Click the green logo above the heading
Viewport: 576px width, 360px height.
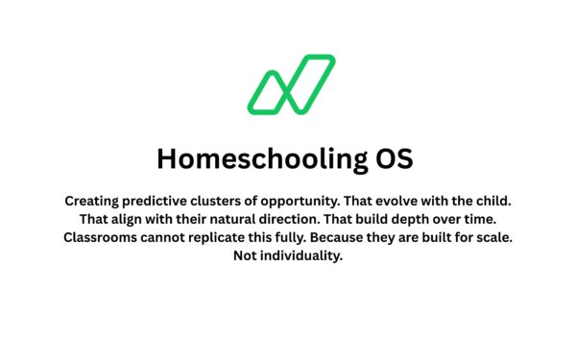click(291, 84)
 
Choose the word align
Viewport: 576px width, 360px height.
click(134, 220)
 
